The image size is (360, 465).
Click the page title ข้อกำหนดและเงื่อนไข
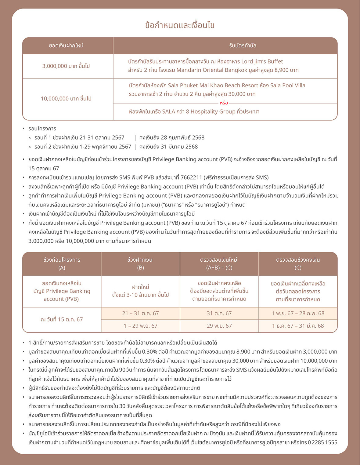tap(180, 25)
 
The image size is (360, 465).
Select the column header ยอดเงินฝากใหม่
tap(66, 46)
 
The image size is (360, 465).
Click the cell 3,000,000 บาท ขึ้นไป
tap(66, 66)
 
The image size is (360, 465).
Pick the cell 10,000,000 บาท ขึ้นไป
tap(66, 99)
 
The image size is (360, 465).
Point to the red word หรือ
tap(224, 103)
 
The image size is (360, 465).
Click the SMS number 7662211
tap(191, 177)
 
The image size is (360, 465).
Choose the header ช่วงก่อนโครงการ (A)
tap(62, 263)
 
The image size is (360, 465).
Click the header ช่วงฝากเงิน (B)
tap(140, 263)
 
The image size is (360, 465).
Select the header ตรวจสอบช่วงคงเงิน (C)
tap(298, 263)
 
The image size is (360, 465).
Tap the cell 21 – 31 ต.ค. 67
tap(140, 313)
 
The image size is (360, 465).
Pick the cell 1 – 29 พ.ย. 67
tap(140, 326)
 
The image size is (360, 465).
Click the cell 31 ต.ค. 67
tap(219, 313)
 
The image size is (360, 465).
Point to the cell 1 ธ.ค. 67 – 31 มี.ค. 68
tap(298, 326)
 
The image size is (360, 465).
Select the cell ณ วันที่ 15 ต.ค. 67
tap(62, 319)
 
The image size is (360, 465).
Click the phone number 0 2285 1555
tap(322, 442)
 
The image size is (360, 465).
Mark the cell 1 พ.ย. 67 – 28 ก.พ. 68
tap(298, 313)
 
